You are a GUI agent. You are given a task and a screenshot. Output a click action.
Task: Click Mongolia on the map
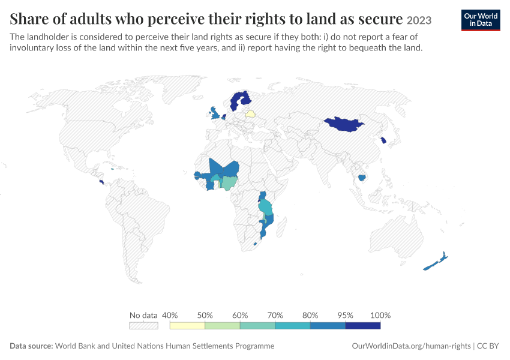click(x=344, y=124)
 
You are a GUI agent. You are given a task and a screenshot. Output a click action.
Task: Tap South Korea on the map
click(x=383, y=140)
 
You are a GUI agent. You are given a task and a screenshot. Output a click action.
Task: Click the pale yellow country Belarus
click(x=250, y=114)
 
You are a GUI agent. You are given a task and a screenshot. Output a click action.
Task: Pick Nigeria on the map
click(x=230, y=184)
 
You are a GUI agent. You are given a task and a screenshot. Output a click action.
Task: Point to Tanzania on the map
click(x=266, y=208)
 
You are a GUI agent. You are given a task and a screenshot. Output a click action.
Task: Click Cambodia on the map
click(x=362, y=178)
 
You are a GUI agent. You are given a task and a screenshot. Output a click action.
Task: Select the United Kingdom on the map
click(x=215, y=113)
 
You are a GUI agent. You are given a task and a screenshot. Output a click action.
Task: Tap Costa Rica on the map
click(x=101, y=182)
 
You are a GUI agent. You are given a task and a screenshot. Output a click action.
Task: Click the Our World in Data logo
click(x=481, y=20)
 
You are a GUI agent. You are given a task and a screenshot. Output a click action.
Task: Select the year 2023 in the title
click(x=419, y=20)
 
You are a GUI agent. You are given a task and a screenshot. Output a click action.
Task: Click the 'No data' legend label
click(x=143, y=315)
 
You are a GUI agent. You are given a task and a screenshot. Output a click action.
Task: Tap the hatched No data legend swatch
click(x=143, y=326)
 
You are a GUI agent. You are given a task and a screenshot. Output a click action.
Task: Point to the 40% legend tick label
click(x=170, y=315)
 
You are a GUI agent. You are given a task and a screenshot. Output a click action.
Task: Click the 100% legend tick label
click(x=380, y=315)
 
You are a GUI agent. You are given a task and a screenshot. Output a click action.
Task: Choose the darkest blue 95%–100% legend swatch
click(x=362, y=326)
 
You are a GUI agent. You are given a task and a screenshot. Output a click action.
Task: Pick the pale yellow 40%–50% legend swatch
click(x=187, y=326)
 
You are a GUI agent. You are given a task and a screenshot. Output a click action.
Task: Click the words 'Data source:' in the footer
click(x=31, y=346)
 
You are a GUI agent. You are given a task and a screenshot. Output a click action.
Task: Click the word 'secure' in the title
click(x=380, y=19)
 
